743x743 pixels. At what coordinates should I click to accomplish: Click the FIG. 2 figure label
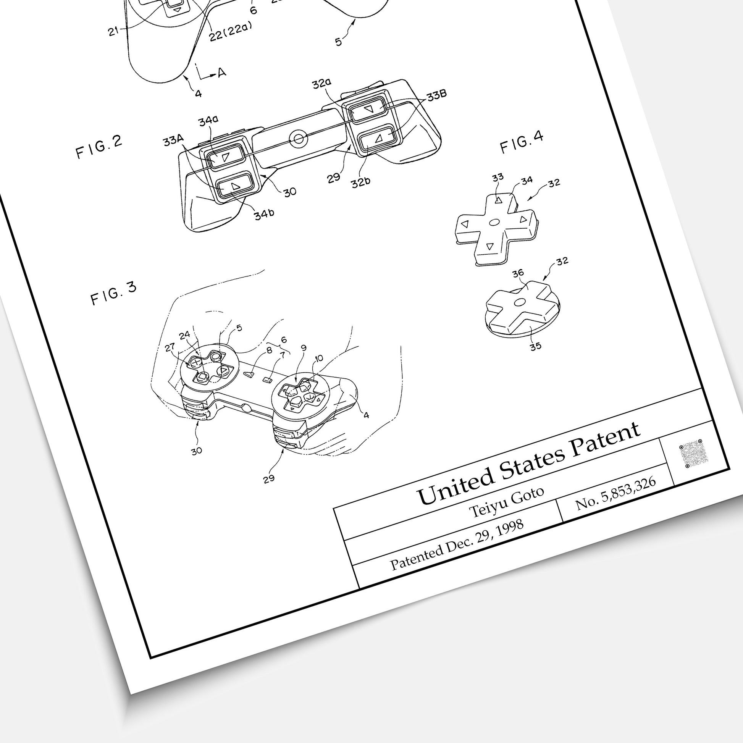coord(99,147)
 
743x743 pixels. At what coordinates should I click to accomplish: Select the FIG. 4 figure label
coord(522,142)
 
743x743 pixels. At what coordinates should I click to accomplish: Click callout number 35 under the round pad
coord(535,346)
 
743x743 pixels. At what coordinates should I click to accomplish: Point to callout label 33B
coord(436,95)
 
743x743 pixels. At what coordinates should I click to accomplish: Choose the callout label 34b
coord(264,214)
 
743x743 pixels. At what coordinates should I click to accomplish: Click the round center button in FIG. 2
coord(298,139)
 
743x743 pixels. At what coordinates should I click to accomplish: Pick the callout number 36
coord(518,273)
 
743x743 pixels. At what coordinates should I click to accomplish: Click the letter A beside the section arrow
coord(222,72)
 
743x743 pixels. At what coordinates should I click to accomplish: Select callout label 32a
coord(322,84)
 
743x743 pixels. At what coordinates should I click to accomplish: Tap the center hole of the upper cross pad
coord(494,222)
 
